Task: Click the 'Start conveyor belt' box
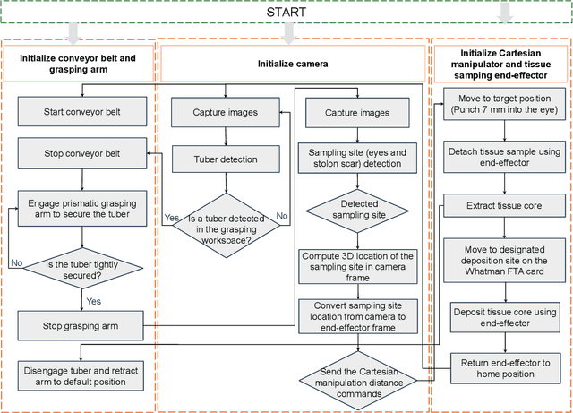[81, 113]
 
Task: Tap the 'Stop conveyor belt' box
[81, 152]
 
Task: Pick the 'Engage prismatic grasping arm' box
[82, 207]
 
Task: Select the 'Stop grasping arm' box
[81, 324]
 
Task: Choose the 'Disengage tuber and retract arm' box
[81, 375]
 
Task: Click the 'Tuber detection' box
[225, 159]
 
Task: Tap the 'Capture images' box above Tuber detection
[225, 113]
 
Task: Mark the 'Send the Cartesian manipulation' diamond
[357, 377]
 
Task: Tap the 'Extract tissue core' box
[505, 206]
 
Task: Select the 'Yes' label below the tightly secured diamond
[92, 301]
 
